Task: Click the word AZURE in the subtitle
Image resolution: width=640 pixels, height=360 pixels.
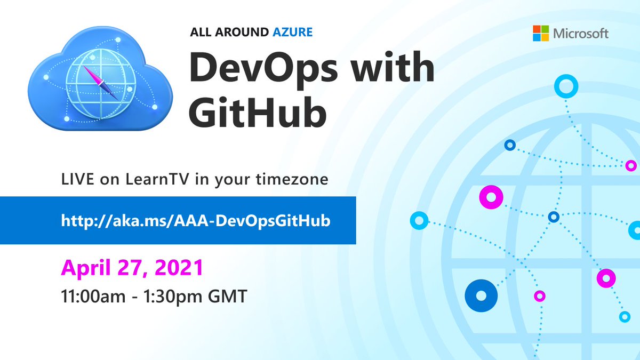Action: click(291, 33)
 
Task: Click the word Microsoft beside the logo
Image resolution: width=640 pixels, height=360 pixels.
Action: click(581, 34)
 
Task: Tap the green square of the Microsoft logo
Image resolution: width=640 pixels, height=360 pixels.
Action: click(545, 30)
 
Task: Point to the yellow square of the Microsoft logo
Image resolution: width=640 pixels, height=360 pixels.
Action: click(545, 38)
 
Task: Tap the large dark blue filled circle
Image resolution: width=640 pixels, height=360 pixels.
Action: click(481, 295)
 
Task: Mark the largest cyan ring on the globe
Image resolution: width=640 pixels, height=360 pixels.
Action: click(566, 86)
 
